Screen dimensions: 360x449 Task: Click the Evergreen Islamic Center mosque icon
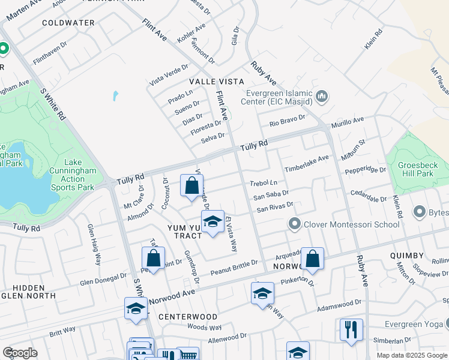pos(322,96)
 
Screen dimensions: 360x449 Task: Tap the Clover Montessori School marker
pos(294,224)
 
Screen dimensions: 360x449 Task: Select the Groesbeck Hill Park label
pos(417,168)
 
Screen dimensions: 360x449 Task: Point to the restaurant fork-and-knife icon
pos(351,329)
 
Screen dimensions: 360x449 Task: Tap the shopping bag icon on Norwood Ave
pos(313,259)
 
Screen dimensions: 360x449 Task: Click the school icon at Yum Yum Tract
pos(212,222)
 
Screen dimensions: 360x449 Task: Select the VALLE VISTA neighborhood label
pos(217,81)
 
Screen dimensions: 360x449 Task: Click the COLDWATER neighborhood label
pos(68,23)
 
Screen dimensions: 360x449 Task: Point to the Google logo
pos(20,353)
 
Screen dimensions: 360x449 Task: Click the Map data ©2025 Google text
pos(411,355)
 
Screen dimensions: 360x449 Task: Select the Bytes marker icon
pos(419,212)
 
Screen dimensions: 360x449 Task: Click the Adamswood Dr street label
pos(340,307)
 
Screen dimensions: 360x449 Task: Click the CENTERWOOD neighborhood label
pos(188,316)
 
